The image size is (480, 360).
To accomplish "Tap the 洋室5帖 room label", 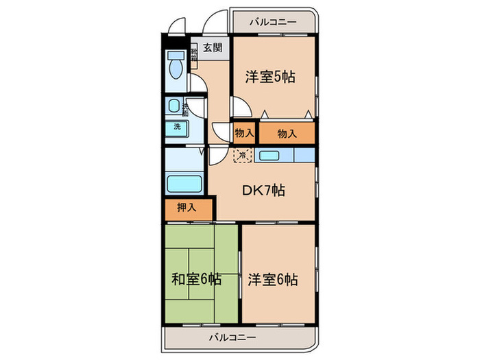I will (x=271, y=77).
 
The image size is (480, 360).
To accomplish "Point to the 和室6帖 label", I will (x=196, y=279).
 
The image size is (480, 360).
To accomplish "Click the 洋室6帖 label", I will (x=273, y=280).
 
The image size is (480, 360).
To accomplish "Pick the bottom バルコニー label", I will (x=232, y=337).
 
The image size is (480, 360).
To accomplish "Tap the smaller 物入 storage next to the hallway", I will (x=244, y=133).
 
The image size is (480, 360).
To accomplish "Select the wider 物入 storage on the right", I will (x=287, y=133).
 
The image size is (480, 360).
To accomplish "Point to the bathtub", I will (x=184, y=184).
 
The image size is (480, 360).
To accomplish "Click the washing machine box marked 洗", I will (x=177, y=127).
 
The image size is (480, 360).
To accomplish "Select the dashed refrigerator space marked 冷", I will (x=243, y=154).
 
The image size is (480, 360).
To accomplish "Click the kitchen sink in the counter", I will (x=269, y=155).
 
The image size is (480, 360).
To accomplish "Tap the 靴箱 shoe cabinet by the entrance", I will (x=194, y=51).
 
